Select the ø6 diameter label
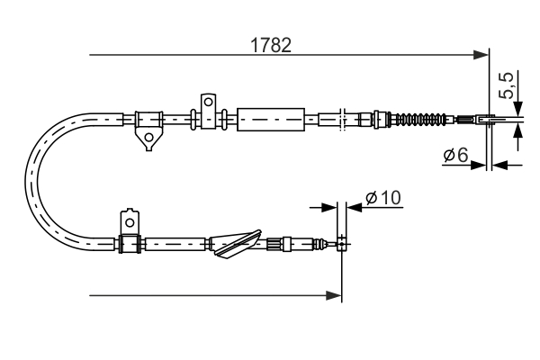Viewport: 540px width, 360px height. pos(454,156)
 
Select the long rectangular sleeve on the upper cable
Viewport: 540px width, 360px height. pos(269,118)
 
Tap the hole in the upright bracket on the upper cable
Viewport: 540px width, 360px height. pos(208,101)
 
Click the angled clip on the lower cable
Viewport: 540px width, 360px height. pos(232,245)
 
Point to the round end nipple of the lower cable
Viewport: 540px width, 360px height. pos(342,240)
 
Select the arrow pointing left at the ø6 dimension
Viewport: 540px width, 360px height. pos(500,165)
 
